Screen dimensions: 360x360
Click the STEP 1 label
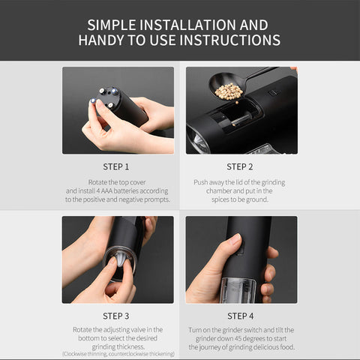point(116,166)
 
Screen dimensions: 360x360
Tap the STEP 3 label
point(116,316)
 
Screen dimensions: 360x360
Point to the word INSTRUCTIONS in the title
point(223,40)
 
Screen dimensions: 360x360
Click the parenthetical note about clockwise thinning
point(118,354)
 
